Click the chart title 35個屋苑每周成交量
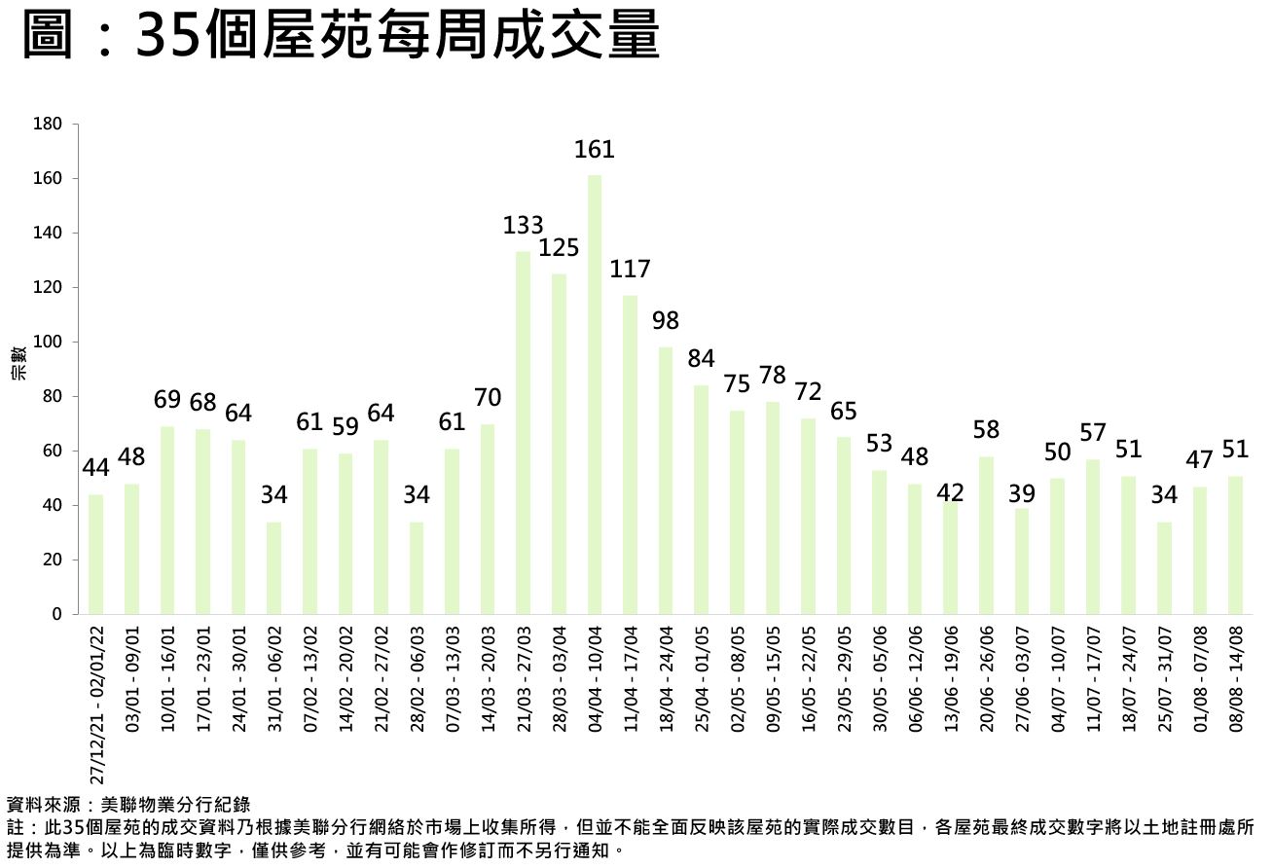tap(341, 37)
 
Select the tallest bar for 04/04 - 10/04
tap(595, 394)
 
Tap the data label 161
tap(595, 149)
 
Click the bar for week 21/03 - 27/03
tap(524, 433)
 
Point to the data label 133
tap(523, 226)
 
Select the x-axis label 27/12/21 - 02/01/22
tap(96, 705)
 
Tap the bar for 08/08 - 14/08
tap(1235, 545)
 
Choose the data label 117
tap(630, 269)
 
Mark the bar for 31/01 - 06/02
tap(274, 568)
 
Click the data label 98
tap(666, 320)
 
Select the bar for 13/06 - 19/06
tap(951, 558)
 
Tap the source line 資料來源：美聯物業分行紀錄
tap(128, 805)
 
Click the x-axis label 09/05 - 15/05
tap(773, 678)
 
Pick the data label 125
tap(559, 247)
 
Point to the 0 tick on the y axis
tap(57, 615)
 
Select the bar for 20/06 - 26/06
tap(986, 535)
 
